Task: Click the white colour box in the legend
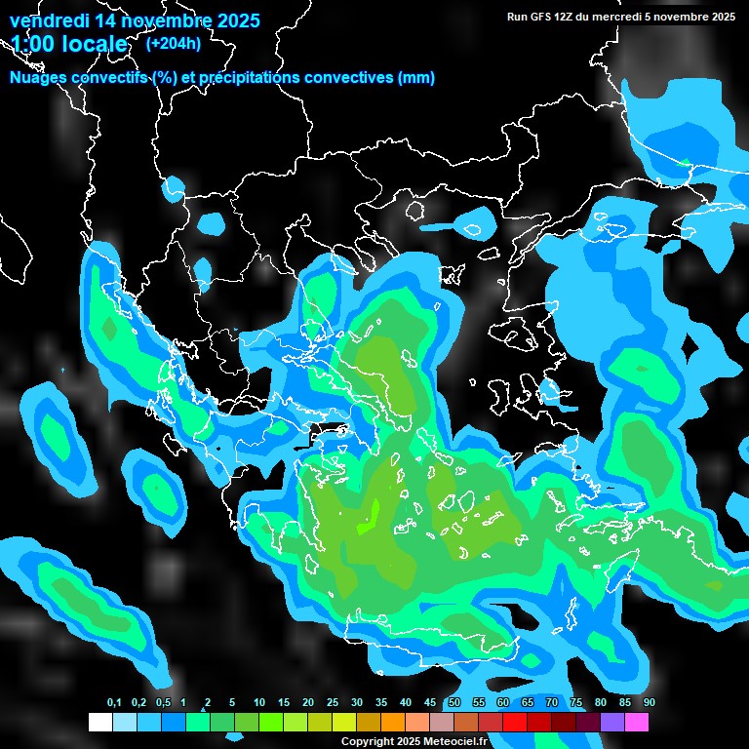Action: tap(100, 722)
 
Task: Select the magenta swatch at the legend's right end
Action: tap(637, 722)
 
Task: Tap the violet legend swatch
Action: tap(612, 722)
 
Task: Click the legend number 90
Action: tap(650, 703)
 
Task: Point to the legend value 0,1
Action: tap(114, 703)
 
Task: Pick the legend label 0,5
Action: tap(163, 703)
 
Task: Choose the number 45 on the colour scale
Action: tap(430, 703)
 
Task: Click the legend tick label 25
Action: tap(333, 703)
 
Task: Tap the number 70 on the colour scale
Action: tap(552, 703)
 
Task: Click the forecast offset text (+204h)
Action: tap(174, 43)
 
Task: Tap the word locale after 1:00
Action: tap(94, 44)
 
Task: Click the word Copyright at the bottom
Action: tap(368, 741)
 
